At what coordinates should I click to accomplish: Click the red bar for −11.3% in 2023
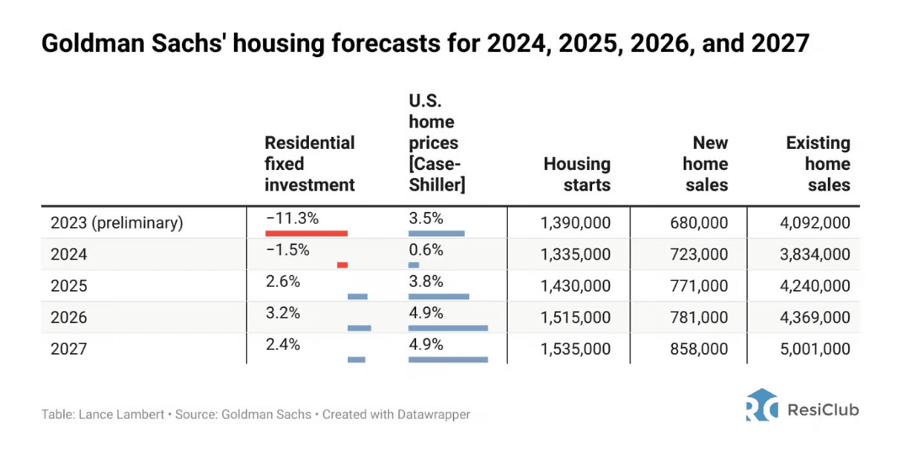point(307,234)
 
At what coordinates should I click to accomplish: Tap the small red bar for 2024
point(342,265)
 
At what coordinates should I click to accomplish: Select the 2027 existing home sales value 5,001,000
point(815,349)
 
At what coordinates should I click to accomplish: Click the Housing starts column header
point(577,175)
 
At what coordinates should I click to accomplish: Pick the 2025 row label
point(69,286)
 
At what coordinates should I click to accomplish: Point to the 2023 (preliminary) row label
point(117,223)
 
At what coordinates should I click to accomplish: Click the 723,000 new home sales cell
point(699,255)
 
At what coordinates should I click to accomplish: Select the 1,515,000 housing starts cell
point(575,318)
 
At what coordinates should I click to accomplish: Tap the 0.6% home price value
point(426,250)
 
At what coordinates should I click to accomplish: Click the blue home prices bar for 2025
point(439,296)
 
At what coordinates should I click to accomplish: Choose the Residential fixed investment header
point(309,164)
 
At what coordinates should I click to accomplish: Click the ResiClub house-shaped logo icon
point(761,404)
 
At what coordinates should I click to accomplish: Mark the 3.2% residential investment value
point(283,313)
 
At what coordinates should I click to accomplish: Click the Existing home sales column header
point(818,164)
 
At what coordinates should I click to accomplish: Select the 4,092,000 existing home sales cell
point(815,223)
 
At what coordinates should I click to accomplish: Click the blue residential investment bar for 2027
point(356,359)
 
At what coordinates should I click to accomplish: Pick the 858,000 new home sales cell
point(699,349)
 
